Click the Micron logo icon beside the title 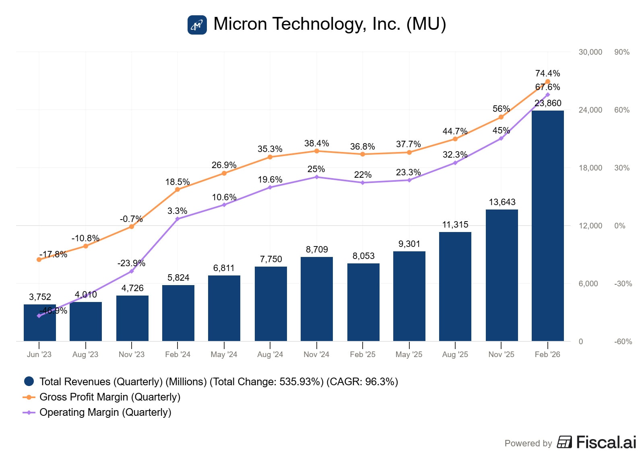click(x=197, y=25)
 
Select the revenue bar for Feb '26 click(x=547, y=225)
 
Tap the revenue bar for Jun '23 click(x=39, y=326)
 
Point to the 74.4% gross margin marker click(x=547, y=82)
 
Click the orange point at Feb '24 click(x=178, y=189)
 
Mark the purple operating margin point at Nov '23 click(x=132, y=271)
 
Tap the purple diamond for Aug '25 click(x=455, y=163)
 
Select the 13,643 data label click(x=502, y=202)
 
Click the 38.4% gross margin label click(x=316, y=144)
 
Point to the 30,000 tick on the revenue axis click(x=590, y=52)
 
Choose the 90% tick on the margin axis click(x=621, y=52)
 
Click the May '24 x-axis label click(x=224, y=355)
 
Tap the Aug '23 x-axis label click(x=85, y=355)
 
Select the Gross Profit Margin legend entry click(x=109, y=397)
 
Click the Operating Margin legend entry click(x=105, y=413)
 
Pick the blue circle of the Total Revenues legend click(x=29, y=382)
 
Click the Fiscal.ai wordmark click(x=606, y=442)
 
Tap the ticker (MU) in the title click(x=426, y=24)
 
